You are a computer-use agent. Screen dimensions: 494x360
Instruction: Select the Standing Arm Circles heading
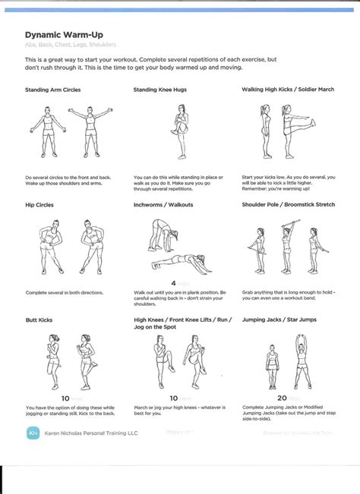click(x=52, y=90)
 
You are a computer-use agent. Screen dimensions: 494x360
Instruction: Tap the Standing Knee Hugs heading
click(x=160, y=90)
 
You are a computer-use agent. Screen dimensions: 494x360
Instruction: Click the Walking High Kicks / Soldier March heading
click(x=288, y=90)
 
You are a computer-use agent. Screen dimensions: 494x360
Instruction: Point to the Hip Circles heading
click(x=39, y=205)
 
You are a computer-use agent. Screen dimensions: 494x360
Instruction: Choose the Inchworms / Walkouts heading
click(x=163, y=205)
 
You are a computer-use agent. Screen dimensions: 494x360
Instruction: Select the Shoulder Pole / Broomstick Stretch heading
click(x=288, y=205)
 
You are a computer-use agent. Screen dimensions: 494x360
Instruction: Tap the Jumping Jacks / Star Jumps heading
click(x=279, y=320)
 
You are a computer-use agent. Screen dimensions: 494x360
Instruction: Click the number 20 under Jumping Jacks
click(x=282, y=398)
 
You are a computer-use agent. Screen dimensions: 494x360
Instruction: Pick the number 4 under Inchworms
click(x=173, y=283)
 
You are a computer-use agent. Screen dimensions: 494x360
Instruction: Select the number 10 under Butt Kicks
click(x=65, y=398)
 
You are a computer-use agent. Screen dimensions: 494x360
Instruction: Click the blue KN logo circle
click(x=33, y=433)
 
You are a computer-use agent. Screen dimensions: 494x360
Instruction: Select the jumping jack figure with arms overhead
click(x=302, y=360)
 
